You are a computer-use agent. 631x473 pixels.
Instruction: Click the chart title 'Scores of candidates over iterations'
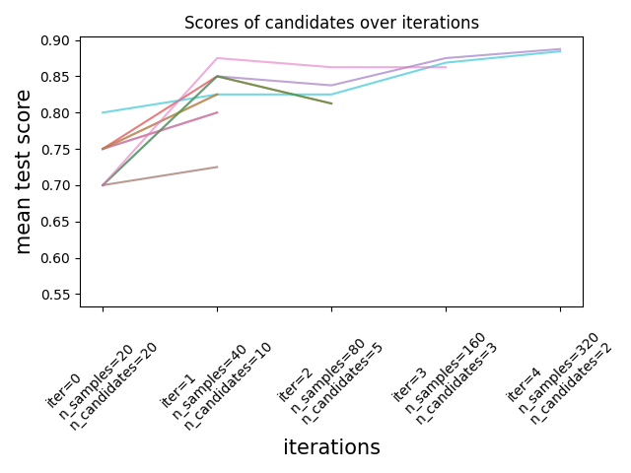pos(331,23)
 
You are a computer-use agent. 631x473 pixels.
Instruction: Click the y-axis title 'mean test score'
pos(24,171)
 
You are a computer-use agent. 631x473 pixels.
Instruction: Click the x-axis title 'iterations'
pos(331,447)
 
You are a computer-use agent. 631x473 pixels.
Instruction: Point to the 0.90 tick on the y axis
pos(58,40)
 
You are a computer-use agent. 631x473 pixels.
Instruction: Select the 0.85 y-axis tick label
pos(58,77)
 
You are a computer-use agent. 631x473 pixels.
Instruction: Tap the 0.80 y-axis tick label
pos(58,113)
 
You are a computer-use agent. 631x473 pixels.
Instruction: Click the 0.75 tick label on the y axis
pos(58,150)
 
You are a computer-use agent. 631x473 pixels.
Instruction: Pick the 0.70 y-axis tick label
pos(58,185)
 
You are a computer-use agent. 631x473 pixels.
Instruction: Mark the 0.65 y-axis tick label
pos(58,222)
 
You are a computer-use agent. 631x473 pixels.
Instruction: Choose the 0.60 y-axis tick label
pos(58,258)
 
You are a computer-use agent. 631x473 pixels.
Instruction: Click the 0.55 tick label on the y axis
pos(58,295)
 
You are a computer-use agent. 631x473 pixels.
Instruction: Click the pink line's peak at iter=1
pos(217,58)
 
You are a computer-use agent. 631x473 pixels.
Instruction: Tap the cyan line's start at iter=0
pos(103,112)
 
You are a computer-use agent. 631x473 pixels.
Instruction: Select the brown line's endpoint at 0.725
pos(217,167)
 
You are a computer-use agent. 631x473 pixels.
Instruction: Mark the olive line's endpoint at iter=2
pos(331,103)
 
